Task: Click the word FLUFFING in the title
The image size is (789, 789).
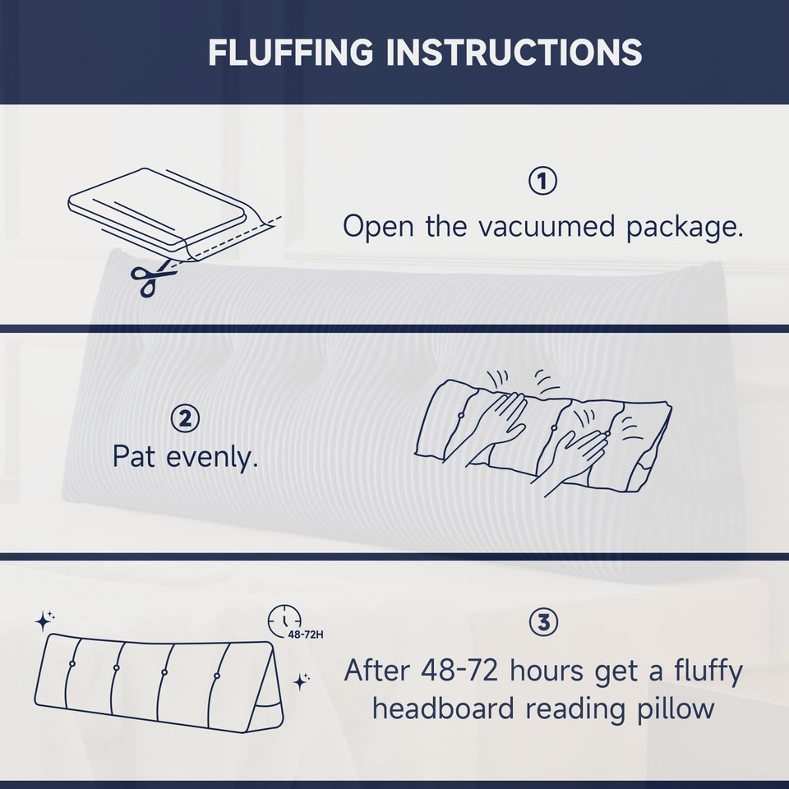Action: [291, 53]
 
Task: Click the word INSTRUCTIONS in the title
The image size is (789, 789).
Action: [514, 53]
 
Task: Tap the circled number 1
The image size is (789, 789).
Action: [542, 182]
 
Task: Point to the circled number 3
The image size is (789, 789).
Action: [542, 624]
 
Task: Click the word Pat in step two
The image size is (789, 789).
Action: [134, 457]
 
